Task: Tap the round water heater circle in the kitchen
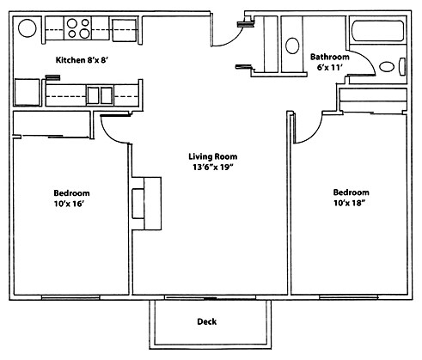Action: tap(28, 28)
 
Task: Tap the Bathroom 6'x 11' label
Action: tap(329, 62)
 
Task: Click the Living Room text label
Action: tap(212, 156)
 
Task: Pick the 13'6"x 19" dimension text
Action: tap(212, 168)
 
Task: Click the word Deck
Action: tap(205, 322)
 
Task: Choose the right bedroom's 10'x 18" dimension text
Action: tap(351, 203)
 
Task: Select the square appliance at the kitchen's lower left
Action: tap(26, 92)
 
